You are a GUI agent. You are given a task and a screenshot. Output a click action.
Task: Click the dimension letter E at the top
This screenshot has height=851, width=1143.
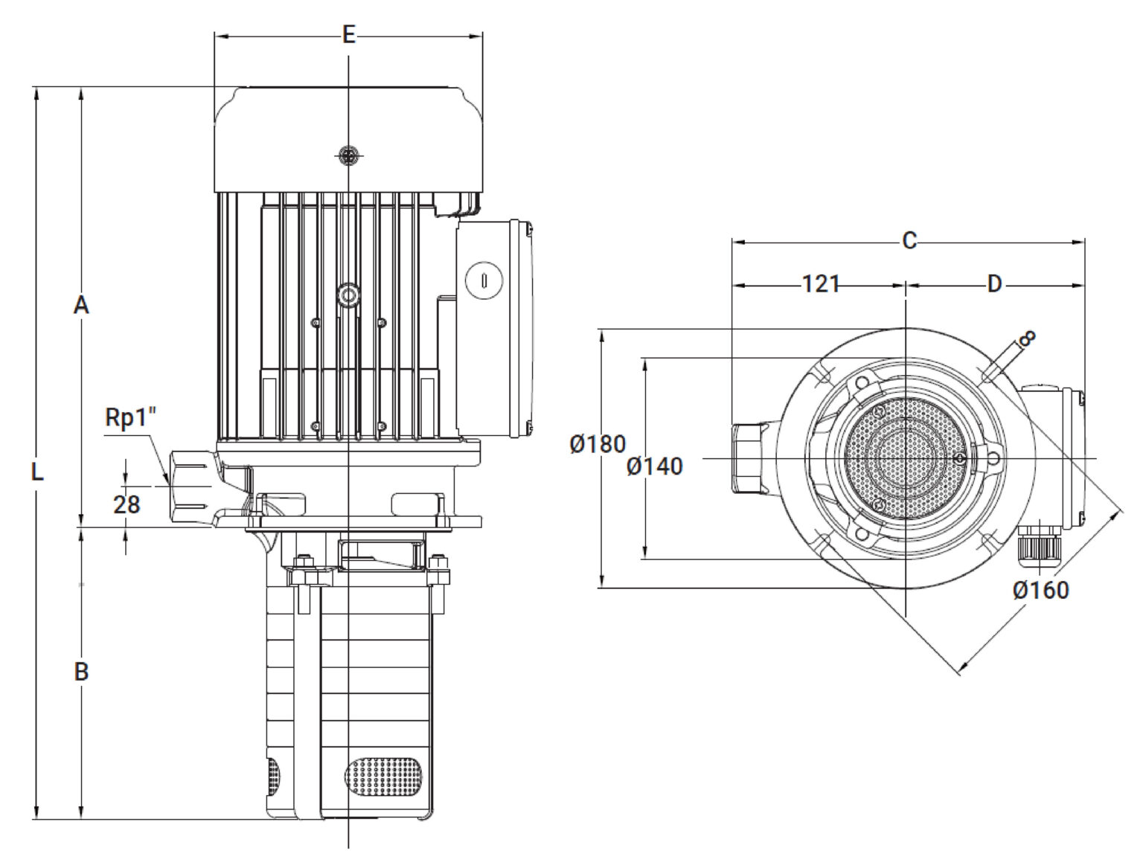(349, 35)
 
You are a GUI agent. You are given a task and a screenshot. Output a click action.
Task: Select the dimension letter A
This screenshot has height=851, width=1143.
(81, 305)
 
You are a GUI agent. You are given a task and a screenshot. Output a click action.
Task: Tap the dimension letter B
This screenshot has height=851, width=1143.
(81, 672)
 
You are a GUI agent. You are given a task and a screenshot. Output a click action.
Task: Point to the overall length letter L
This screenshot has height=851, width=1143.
(37, 472)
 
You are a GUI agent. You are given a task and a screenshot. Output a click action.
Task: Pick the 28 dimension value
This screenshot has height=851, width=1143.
(127, 504)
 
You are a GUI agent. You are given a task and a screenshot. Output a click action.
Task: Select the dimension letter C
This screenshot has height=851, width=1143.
(909, 240)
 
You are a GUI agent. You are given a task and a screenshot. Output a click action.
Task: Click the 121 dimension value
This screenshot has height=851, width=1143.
(821, 284)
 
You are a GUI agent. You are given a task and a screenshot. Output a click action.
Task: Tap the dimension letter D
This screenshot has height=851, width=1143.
(995, 284)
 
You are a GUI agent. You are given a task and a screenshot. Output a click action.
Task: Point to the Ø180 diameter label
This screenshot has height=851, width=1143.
(598, 444)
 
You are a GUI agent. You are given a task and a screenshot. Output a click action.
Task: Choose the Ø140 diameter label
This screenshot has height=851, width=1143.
(654, 466)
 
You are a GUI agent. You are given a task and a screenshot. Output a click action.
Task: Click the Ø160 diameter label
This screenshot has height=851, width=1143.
(1041, 591)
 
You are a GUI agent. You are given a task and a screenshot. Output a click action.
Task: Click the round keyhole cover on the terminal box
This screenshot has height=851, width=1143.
(484, 280)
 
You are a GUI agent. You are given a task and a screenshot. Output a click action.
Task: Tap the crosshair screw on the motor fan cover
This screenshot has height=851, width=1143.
(349, 155)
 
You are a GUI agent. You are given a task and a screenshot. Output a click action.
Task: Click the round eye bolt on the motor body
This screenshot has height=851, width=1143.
(349, 295)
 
